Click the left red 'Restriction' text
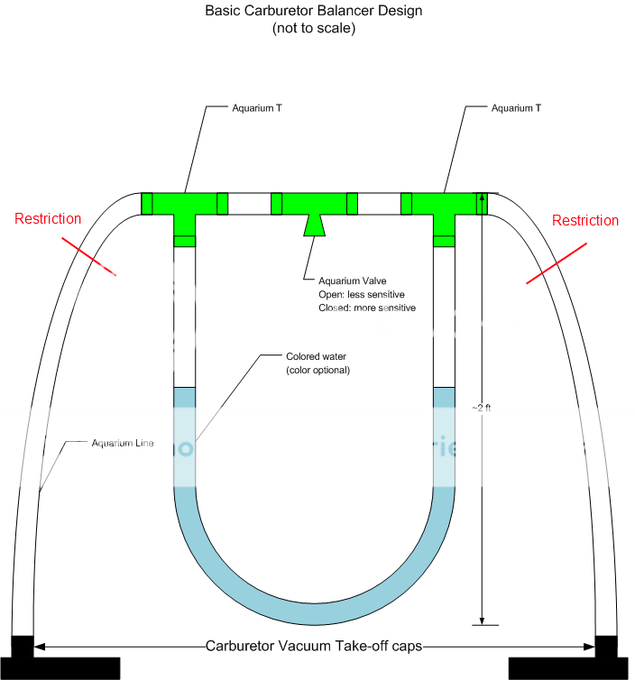click(x=49, y=218)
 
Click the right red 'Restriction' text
click(x=585, y=220)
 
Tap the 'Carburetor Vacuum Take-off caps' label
click(x=315, y=645)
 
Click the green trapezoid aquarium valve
click(x=314, y=225)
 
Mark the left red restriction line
click(x=89, y=256)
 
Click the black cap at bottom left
click(x=22, y=648)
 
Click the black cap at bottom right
click(x=606, y=648)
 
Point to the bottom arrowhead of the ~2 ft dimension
click(x=483, y=620)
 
